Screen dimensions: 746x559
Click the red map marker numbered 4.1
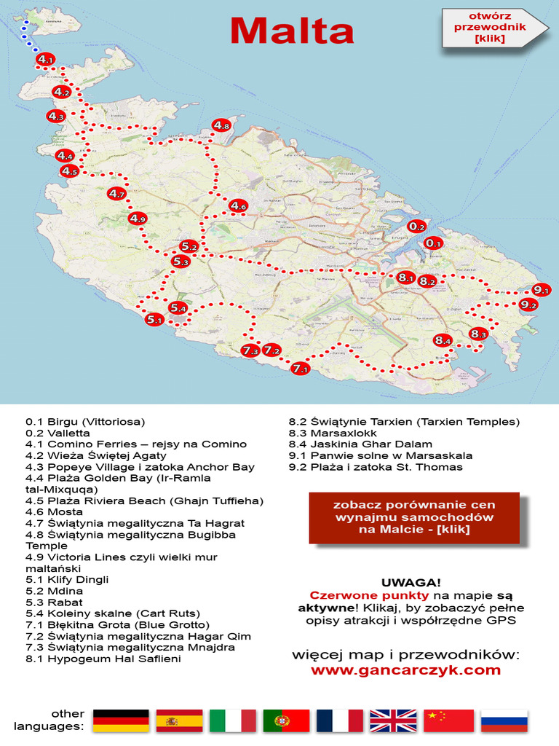coord(45,59)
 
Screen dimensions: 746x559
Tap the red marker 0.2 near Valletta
coord(416,227)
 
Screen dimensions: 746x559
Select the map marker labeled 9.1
coord(541,290)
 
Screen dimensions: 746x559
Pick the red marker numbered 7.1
coord(300,369)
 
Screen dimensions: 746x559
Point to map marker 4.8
coord(222,125)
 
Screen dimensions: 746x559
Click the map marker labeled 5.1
coord(154,318)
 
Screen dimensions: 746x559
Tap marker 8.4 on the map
coord(443,340)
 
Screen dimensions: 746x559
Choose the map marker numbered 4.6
coord(238,206)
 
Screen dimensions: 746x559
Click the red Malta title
coord(292,31)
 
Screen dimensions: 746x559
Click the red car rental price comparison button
coord(413,517)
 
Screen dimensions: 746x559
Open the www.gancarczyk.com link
coord(405,670)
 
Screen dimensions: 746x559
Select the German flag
coord(121,721)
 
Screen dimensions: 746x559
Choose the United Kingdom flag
coord(393,721)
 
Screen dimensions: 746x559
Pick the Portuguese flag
coord(286,721)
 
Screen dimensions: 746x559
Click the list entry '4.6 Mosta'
coord(55,512)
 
